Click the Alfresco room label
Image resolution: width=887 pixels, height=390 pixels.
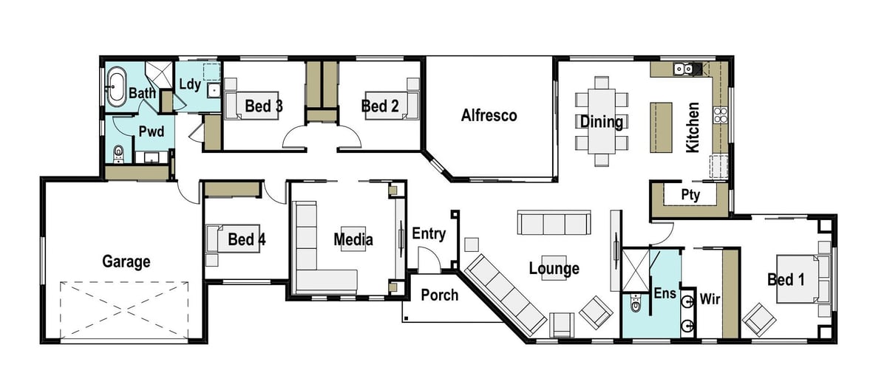click(489, 115)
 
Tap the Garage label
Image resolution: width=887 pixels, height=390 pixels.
click(126, 261)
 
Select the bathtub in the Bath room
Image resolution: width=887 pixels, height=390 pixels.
click(118, 87)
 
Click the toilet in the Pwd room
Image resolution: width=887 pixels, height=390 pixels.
click(118, 154)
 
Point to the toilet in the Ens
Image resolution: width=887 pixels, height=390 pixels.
click(636, 303)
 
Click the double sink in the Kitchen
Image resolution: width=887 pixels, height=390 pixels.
click(684, 69)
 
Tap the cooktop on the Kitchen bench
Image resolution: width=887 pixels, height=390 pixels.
click(720, 115)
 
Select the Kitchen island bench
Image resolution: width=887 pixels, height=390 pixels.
click(661, 127)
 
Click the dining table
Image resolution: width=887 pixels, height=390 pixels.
click(602, 121)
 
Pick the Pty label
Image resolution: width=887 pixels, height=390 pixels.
click(690, 195)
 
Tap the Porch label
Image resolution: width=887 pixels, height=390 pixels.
click(440, 295)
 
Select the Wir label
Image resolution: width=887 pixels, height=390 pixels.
click(710, 299)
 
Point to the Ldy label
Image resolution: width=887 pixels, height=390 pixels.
click(190, 84)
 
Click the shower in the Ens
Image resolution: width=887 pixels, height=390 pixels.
click(636, 270)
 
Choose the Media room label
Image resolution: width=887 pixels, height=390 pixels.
click(353, 239)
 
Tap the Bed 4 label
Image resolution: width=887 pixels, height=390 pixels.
click(247, 239)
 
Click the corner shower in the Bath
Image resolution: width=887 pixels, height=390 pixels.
click(159, 75)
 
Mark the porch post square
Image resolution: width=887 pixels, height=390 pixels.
click(407, 318)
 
